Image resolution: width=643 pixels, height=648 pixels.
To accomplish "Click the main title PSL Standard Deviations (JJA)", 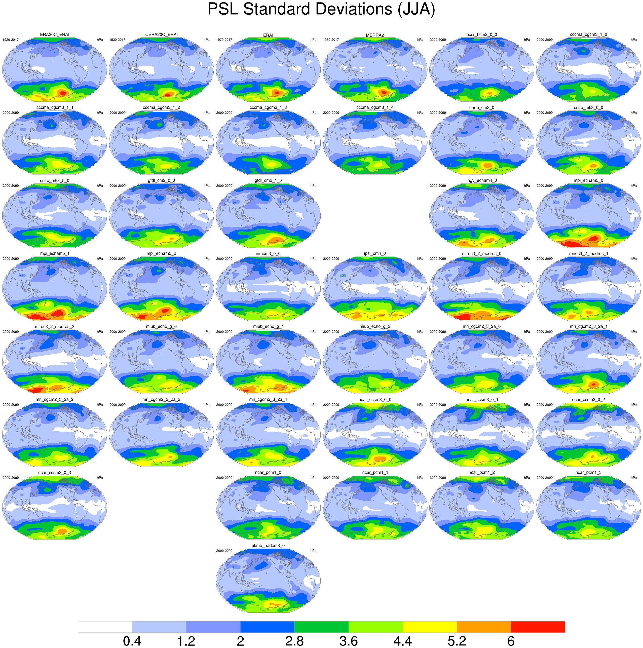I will coord(321,9).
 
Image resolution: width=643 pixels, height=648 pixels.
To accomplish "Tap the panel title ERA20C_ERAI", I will coord(54,34).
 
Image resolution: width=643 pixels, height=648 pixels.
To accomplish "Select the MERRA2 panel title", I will coord(375,35).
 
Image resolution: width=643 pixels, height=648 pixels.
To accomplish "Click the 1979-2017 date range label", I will coord(224,40).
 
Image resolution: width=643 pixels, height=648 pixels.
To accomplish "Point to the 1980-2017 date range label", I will coord(331,40).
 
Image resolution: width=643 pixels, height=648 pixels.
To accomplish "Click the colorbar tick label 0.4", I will coord(132,641).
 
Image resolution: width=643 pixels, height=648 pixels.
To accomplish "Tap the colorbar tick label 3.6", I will coord(349,641).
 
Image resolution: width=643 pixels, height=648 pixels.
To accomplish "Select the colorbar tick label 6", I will coord(511,641).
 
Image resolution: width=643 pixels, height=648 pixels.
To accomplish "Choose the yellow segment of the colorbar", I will coord(429,627).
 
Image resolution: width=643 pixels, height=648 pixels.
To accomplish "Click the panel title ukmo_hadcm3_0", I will coord(268,546).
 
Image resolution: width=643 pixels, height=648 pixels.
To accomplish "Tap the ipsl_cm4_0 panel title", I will coord(375,254).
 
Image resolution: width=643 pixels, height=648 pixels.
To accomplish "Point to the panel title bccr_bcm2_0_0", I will coord(481,34).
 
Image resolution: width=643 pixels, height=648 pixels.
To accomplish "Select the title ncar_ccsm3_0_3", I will coord(54,473).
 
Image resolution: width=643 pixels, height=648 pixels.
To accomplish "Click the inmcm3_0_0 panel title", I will coord(268,254).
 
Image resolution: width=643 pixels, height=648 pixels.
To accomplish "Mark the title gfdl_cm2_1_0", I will coord(268,180).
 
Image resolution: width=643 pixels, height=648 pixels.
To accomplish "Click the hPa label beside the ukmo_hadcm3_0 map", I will coord(313,551).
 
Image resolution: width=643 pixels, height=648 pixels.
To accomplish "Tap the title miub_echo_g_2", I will coord(375,326).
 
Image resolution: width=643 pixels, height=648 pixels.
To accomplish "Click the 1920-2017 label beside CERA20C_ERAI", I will coord(117,40).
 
